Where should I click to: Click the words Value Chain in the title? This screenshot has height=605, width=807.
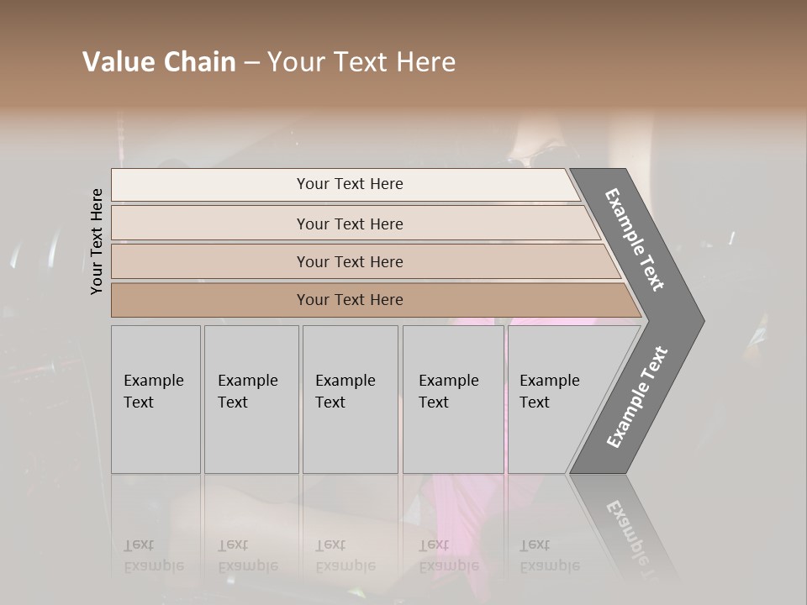pos(159,62)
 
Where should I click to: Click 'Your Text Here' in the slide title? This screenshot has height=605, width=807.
pos(361,62)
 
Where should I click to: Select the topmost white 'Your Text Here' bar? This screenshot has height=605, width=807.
pos(350,184)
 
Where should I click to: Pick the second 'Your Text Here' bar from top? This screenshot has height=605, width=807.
pos(350,224)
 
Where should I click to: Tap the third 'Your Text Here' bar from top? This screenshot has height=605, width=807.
pos(350,261)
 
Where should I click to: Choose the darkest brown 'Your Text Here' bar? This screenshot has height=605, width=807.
pos(350,300)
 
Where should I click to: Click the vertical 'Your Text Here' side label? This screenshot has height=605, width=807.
pos(97,241)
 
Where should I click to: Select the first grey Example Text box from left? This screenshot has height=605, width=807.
pos(156,399)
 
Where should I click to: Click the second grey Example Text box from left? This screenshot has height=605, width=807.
pos(251,399)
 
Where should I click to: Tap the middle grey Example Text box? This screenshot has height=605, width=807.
pos(349,399)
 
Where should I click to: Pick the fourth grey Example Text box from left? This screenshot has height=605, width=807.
pos(452,399)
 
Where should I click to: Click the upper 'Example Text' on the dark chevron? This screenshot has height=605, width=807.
pos(635,239)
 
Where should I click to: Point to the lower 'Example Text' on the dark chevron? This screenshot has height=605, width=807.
pos(637,397)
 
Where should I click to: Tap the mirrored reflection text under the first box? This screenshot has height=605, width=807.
pos(153,556)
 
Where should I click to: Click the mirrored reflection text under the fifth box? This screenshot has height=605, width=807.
pos(549,556)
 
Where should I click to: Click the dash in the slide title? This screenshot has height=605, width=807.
pos(251,63)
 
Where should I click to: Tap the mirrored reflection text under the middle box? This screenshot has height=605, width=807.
pos(345,556)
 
